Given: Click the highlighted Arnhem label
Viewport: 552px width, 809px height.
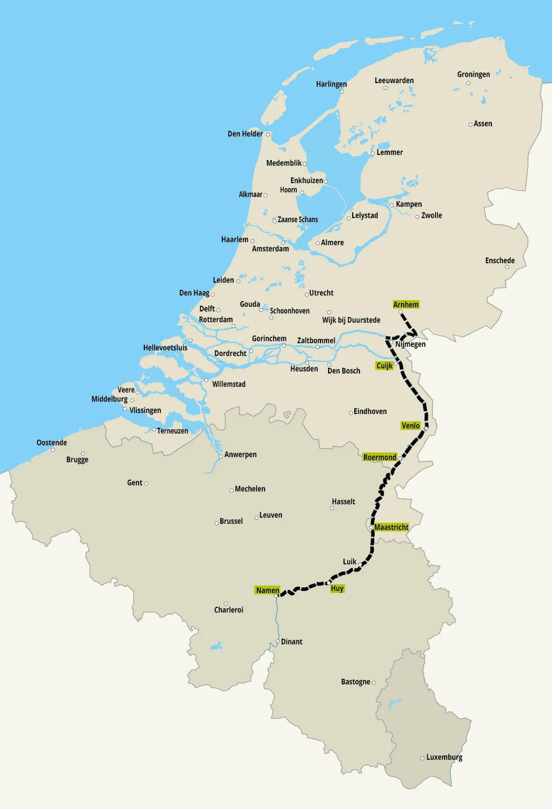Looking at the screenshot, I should pos(406,305).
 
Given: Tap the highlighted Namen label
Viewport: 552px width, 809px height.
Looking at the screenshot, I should pos(268,590).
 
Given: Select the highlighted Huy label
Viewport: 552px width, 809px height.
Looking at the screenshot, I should pos(337,588).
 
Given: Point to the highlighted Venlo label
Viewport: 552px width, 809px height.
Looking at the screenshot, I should pos(410,426).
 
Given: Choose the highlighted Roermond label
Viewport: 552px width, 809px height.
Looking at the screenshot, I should pos(379,458).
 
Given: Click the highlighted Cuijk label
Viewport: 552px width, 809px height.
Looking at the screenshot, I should pos(384,366).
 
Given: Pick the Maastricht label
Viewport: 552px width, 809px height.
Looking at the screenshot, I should pos(391,527).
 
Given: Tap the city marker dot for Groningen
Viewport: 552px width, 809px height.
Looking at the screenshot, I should pos(468,83).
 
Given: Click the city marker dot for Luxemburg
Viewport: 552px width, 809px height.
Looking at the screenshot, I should pos(423,758).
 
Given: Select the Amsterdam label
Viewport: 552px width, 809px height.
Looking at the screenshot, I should pos(270,249).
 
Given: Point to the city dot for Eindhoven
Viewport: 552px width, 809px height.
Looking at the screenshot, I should pos(351,412).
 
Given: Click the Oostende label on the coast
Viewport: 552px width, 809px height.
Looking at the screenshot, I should pos(52,443).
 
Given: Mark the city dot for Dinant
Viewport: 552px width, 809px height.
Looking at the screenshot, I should pos(277,642).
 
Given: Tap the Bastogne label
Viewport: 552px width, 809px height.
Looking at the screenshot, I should pos(355,682).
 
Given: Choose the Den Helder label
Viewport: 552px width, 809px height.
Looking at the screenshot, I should pos(245,134).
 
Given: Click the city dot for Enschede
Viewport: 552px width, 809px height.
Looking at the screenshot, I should pos(507,267).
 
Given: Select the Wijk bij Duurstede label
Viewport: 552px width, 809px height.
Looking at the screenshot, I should pos(351,320).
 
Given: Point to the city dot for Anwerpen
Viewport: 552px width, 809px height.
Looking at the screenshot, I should pos(221,456).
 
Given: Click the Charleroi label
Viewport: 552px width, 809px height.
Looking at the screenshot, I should pos(229,610).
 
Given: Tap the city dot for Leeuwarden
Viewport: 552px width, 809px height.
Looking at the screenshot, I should pos(386,88).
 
